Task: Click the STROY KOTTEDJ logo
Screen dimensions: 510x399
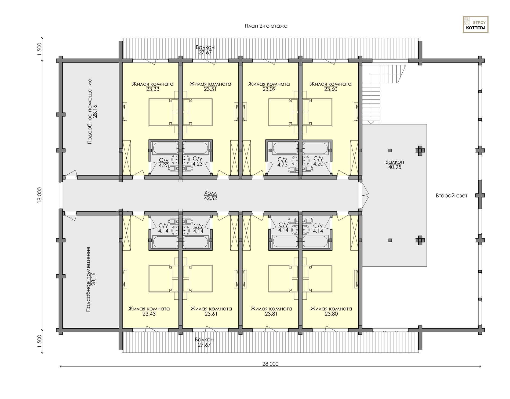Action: click(x=475, y=24)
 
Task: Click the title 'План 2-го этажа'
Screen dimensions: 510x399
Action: click(x=266, y=26)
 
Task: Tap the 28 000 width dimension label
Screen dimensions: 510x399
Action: click(x=270, y=364)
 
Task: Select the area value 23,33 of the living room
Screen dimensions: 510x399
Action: click(x=153, y=89)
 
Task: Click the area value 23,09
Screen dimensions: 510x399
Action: click(x=269, y=89)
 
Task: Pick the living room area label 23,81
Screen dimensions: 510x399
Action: click(x=271, y=314)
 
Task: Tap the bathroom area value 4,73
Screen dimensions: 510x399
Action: click(x=282, y=164)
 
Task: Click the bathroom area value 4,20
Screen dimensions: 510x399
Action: click(x=318, y=164)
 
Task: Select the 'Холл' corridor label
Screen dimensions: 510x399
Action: click(x=210, y=193)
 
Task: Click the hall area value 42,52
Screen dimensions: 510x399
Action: click(x=210, y=198)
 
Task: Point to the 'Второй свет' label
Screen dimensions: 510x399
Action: click(x=451, y=196)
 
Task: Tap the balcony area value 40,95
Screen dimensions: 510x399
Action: click(x=395, y=167)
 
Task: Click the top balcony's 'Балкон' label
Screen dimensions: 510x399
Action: click(x=205, y=47)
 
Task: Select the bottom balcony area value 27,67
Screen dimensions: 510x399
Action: click(x=204, y=345)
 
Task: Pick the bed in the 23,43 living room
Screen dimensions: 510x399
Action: click(x=163, y=279)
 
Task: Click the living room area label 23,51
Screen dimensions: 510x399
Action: click(x=210, y=89)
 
